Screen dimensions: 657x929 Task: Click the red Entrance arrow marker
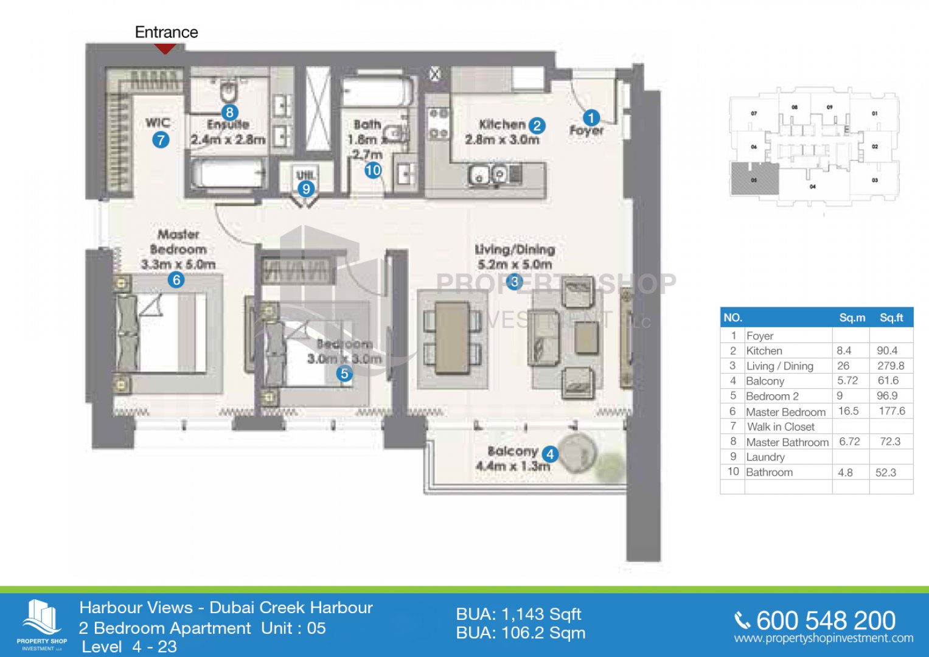165,48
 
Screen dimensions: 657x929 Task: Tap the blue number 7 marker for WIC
161,140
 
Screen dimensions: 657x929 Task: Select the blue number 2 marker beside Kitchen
536,125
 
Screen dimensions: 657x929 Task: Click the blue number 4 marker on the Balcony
549,454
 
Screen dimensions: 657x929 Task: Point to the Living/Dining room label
515,249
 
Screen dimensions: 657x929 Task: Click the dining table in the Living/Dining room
452,337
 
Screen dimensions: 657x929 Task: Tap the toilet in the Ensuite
229,92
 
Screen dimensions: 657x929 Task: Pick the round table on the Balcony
577,454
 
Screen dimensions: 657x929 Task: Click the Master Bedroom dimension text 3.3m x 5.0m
178,265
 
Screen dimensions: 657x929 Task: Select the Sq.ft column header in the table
891,318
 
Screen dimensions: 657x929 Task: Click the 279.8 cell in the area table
891,366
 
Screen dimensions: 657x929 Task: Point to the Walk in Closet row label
781,426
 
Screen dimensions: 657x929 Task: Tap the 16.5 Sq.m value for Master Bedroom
848,411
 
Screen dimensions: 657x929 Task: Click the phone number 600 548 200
826,620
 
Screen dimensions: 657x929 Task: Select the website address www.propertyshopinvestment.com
824,638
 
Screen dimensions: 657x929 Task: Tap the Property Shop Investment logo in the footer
41,624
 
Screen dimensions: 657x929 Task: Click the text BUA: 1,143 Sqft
518,614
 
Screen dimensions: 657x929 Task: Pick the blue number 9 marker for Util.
306,189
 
